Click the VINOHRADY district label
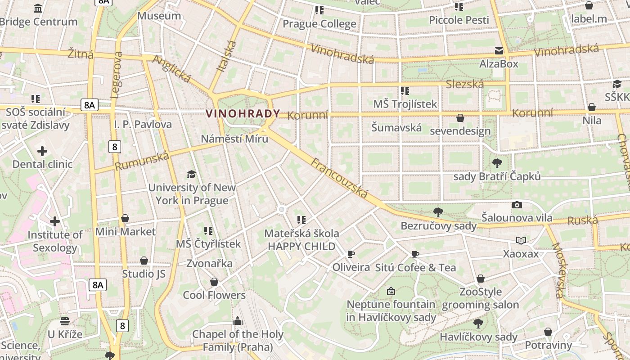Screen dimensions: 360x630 coord(243,114)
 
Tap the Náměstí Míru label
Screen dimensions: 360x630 coord(234,139)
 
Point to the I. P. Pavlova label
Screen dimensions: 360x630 coord(143,124)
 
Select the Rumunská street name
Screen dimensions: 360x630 coord(142,161)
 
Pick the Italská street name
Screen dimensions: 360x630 coord(226,56)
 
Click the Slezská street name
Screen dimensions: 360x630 coord(465,84)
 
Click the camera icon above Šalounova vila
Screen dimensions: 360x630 coord(517,205)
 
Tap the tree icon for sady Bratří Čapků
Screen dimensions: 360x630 coord(497,163)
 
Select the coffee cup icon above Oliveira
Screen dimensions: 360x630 coord(351,254)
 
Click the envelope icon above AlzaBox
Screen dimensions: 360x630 coord(499,51)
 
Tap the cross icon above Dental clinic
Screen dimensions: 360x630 coord(42,151)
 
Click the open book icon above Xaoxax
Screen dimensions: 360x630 coord(521,241)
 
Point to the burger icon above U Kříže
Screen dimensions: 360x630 coord(65,321)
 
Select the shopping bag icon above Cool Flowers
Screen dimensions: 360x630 coord(214,282)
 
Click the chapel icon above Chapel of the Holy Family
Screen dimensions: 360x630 coord(237,321)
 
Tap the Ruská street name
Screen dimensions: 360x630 coord(582,220)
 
